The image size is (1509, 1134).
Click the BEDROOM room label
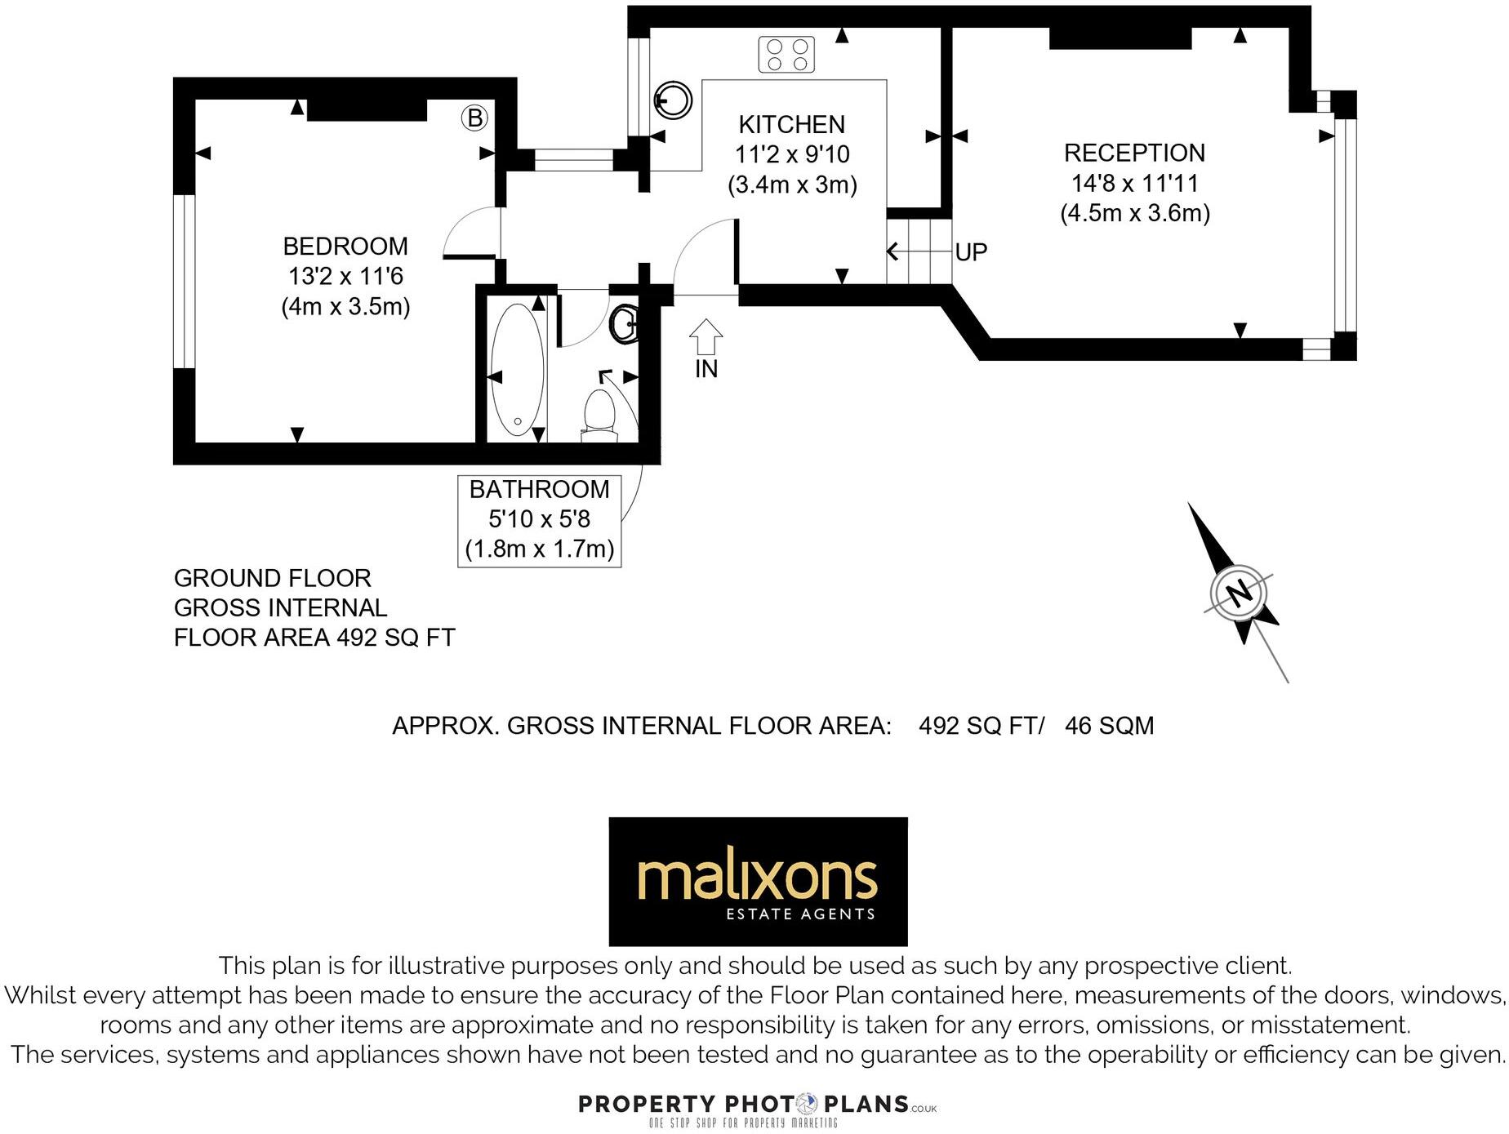click(345, 246)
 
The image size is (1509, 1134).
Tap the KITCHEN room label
click(791, 124)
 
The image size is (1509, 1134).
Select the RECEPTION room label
click(1134, 153)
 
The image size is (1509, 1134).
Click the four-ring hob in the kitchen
click(786, 55)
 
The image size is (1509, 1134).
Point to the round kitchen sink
click(674, 100)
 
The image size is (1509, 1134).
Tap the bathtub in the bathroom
click(517, 369)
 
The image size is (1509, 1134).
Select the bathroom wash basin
click(625, 323)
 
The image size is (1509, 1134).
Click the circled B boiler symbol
click(474, 118)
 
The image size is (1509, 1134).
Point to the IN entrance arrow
click(706, 336)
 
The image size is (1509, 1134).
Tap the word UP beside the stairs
click(971, 252)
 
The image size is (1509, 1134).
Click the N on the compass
click(1240, 592)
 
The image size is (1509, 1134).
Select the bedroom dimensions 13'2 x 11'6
click(345, 276)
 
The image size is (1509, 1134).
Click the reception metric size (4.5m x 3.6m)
click(1134, 213)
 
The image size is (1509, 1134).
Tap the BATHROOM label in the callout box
click(539, 489)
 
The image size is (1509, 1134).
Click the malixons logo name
click(757, 878)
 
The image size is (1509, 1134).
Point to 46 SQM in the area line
click(1109, 725)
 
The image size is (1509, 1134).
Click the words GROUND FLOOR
click(273, 578)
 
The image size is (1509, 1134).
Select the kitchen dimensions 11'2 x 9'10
click(791, 154)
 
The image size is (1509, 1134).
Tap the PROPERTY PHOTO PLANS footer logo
click(756, 1105)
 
